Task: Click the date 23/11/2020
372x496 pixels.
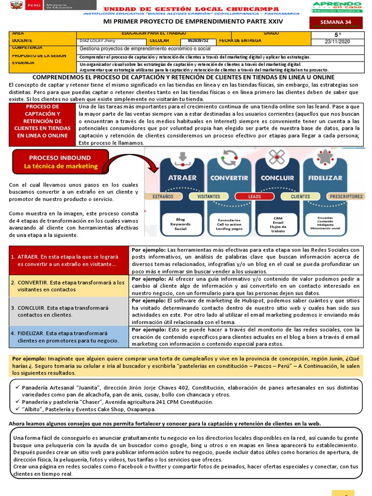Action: [338, 42]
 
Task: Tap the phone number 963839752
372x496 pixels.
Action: [199, 41]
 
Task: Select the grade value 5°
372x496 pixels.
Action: [338, 35]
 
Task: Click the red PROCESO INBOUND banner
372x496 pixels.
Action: [61, 162]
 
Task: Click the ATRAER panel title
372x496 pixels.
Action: [182, 178]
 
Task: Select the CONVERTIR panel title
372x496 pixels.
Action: [229, 178]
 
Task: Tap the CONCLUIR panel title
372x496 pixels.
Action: [277, 178]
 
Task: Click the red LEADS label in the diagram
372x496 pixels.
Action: [254, 197]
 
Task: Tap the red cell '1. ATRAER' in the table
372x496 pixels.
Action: [68, 261]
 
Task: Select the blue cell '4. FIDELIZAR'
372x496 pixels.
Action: [68, 337]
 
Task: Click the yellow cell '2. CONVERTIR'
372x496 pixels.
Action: [68, 286]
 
